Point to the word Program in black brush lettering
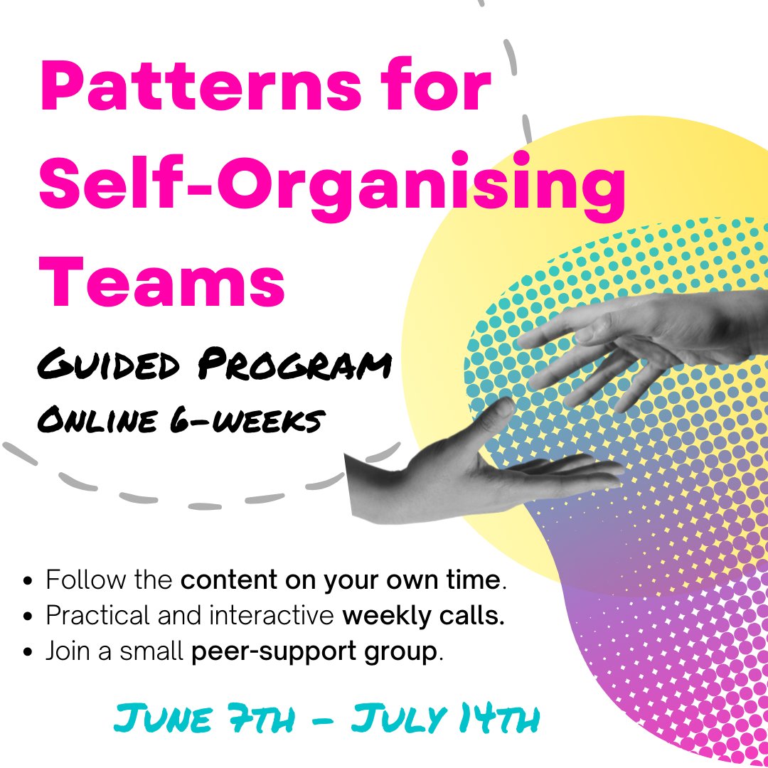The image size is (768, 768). [x=295, y=364]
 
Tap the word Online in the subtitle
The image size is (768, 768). [x=98, y=420]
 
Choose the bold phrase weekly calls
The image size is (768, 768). [x=423, y=616]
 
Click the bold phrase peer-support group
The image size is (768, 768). [x=314, y=651]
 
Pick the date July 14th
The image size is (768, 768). [x=444, y=718]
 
